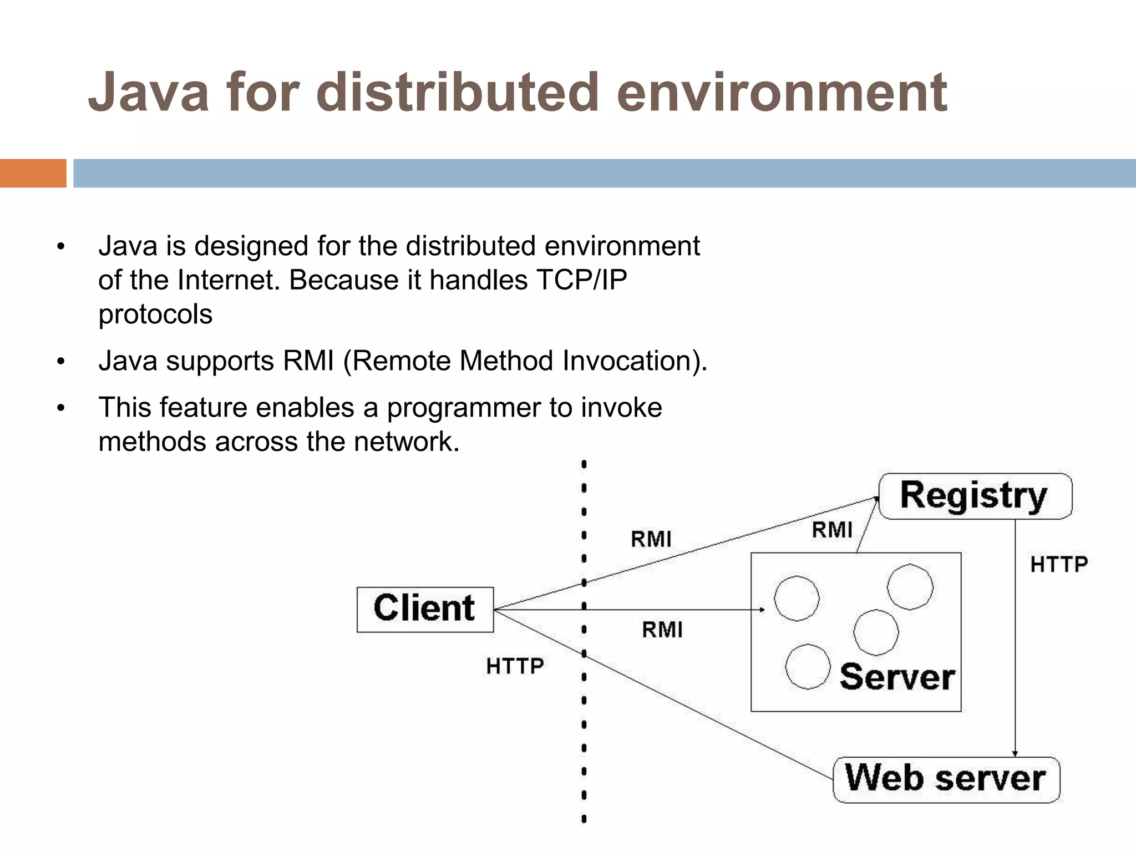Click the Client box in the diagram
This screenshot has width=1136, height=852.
tap(425, 609)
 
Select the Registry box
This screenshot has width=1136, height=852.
tap(975, 496)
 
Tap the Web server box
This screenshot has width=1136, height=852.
tap(946, 779)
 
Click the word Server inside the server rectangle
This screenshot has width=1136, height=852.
tap(897, 677)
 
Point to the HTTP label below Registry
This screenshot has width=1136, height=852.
tap(1058, 565)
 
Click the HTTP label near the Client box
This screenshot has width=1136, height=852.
tap(515, 666)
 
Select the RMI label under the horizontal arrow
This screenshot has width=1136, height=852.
tap(662, 630)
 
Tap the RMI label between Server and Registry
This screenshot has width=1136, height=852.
tap(831, 530)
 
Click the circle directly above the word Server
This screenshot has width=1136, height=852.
tap(876, 632)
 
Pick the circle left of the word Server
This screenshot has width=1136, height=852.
tap(808, 666)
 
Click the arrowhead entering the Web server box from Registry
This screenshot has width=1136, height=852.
tap(1015, 753)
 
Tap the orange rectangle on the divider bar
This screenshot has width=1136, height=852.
tap(33, 173)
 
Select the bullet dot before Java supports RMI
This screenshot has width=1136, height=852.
tap(61, 362)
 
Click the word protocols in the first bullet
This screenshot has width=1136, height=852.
tap(155, 315)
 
